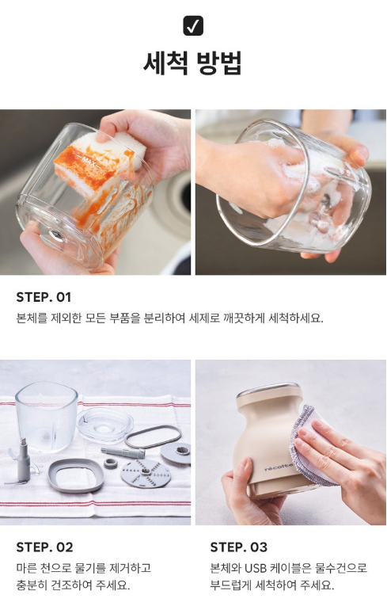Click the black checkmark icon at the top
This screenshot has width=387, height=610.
193,25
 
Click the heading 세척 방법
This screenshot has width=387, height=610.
193,63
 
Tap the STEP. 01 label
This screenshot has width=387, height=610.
44,297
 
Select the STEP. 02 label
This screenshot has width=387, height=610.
44,547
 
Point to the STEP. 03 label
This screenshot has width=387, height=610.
238,547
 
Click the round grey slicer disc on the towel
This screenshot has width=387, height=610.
146,473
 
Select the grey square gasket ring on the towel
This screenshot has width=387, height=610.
76,475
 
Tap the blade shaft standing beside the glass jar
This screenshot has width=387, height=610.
22,463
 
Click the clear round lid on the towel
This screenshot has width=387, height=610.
105,425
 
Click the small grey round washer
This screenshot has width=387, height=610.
111,463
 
